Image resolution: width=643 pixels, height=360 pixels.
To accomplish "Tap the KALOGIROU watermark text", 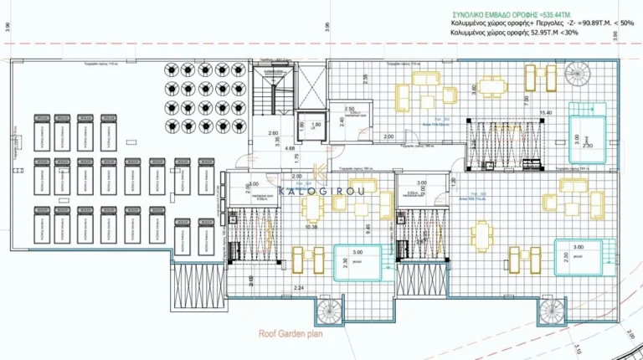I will pyautogui.click(x=321, y=191).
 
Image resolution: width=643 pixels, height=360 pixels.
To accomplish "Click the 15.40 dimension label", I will pyautogui.click(x=545, y=112).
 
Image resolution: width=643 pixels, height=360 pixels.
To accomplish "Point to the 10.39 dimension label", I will pyautogui.click(x=312, y=227).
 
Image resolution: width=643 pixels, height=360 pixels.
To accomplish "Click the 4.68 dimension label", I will pyautogui.click(x=290, y=148).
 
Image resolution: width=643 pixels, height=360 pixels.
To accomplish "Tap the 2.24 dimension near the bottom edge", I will pyautogui.click(x=299, y=287).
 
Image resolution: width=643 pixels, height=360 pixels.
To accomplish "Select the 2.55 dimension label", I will pyautogui.click(x=365, y=80).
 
